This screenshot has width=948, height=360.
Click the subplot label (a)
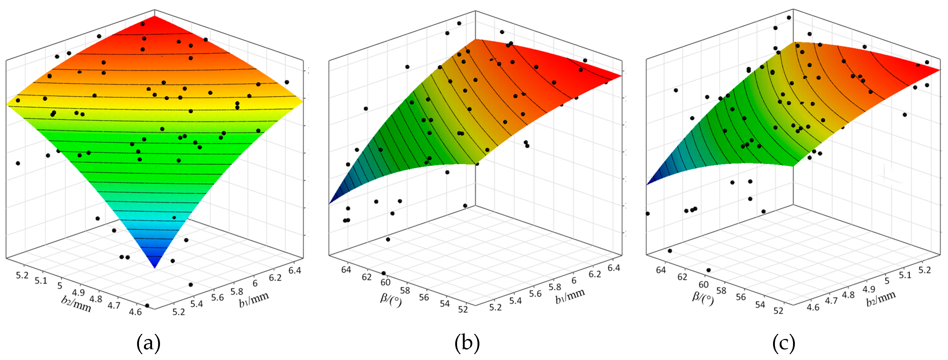[148, 343]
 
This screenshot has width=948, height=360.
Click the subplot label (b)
[467, 343]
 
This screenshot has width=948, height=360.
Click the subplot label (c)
[784, 343]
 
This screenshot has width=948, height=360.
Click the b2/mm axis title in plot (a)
[76, 304]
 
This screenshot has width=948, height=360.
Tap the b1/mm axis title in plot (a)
[254, 298]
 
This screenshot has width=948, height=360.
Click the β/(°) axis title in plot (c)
[703, 298]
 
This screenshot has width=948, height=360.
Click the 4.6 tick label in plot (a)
[136, 311]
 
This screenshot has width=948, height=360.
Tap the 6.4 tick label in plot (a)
[295, 271]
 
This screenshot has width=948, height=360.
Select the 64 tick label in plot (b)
[346, 269]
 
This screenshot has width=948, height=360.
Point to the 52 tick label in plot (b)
[463, 309]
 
